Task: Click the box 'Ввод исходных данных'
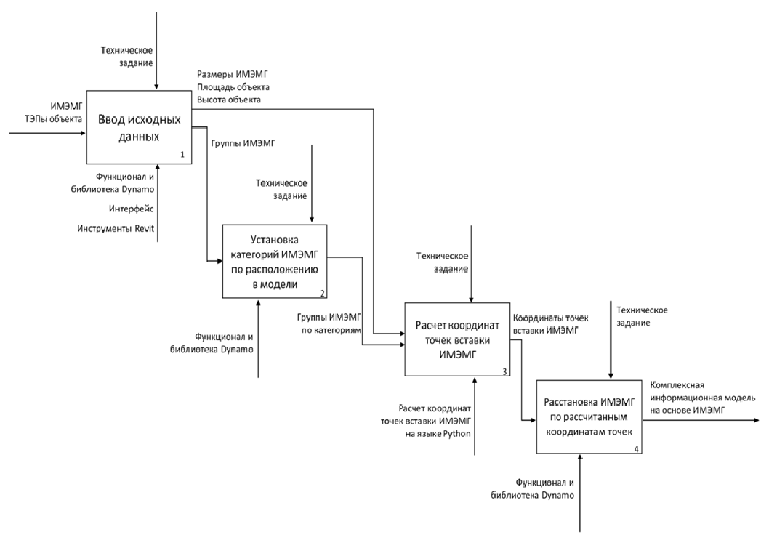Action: tap(140, 128)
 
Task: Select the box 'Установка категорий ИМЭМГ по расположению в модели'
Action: tap(274, 262)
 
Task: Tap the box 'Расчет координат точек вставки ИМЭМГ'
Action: tap(457, 339)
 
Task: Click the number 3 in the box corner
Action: tap(504, 371)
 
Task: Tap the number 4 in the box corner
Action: tap(636, 448)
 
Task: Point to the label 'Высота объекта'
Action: tap(229, 99)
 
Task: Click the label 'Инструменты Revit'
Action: tap(116, 229)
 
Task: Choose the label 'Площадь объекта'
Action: tap(233, 86)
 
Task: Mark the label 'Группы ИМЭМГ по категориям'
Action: tap(329, 324)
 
